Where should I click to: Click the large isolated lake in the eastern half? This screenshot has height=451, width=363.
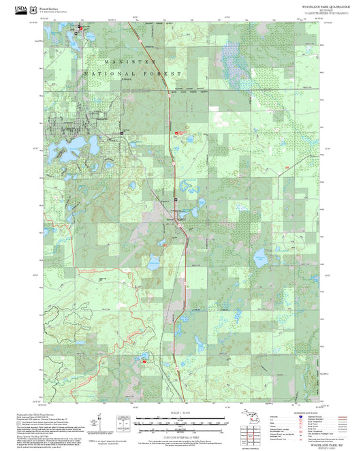tap(260, 258)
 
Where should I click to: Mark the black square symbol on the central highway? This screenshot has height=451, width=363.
tap(176, 199)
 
